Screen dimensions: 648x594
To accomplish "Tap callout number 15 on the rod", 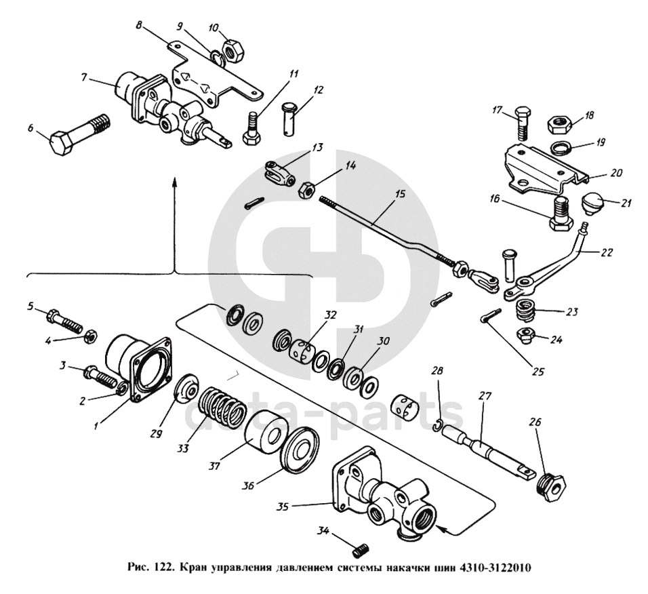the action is point(399,195).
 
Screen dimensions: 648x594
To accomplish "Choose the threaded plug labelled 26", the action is point(550,486).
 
